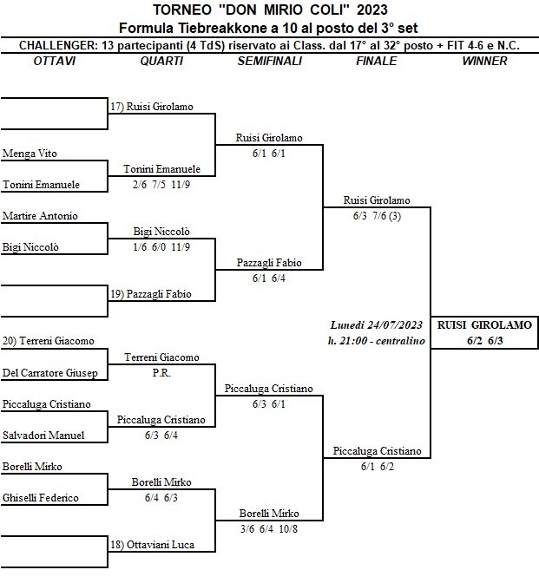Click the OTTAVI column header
[54, 61]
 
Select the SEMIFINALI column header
[269, 61]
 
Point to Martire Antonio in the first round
[40, 216]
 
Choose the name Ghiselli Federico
[41, 498]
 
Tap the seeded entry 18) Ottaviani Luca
[151, 544]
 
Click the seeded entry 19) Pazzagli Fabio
[151, 294]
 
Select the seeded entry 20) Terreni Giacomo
[49, 341]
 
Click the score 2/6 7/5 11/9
[161, 185]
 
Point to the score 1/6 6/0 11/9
[161, 247]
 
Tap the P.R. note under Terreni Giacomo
[161, 372]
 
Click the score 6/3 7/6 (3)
[377, 216]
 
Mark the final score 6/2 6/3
[484, 341]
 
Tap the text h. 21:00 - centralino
[376, 341]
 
